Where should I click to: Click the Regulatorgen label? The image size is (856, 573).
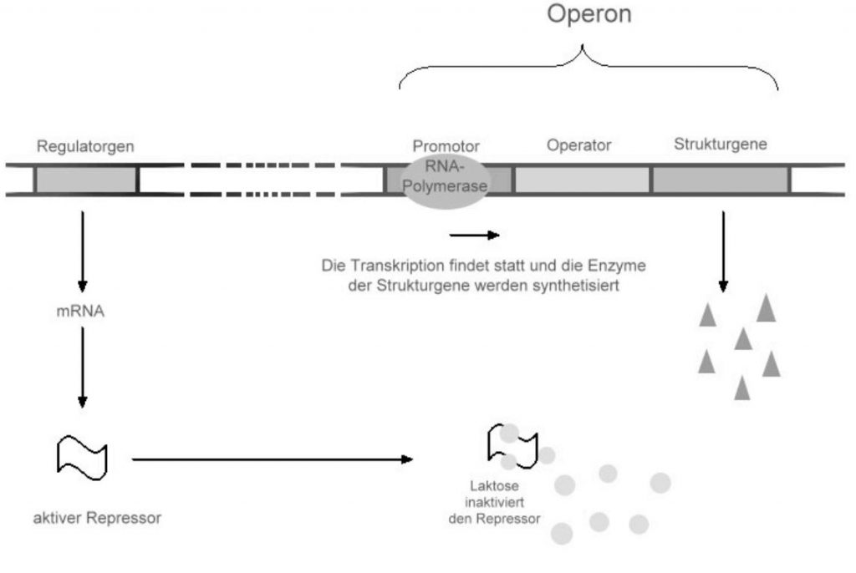pos(85,146)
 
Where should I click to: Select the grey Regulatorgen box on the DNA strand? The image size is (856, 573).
pos(85,180)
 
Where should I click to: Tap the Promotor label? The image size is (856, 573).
pos(445,146)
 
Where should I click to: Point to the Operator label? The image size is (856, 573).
pos(579,145)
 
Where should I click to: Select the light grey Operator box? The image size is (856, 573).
pos(582,180)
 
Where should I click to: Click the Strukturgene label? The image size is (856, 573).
pos(721,144)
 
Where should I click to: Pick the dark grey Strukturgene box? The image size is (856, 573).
pos(721,180)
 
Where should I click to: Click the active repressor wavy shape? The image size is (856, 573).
pos(82,456)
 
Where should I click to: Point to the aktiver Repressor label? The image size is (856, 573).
pos(97,518)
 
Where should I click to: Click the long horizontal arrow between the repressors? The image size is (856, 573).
pos(272,459)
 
